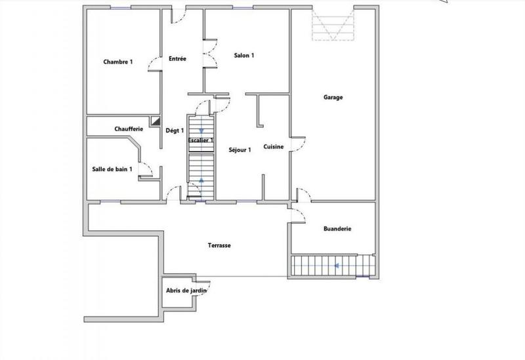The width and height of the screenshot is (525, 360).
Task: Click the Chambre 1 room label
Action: [x=118, y=62]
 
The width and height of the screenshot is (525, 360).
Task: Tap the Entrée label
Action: [x=177, y=59]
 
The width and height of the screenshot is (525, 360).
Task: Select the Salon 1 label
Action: [x=244, y=56]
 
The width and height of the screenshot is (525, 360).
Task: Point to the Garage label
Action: [x=333, y=98]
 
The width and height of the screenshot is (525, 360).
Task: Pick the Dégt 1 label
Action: [x=174, y=130]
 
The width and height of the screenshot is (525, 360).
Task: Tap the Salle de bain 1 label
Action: [x=112, y=169]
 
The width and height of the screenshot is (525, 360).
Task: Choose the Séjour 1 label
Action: [x=240, y=150]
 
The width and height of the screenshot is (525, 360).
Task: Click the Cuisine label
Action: [x=274, y=147]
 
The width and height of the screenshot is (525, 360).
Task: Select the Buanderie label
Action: [x=337, y=229]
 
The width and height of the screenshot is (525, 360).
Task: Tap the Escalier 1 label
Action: [x=201, y=140]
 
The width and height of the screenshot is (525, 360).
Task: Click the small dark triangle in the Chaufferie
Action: [x=156, y=121]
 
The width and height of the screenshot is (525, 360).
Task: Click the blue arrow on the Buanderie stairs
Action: [x=336, y=266]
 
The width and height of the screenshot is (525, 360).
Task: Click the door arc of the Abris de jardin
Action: [x=195, y=301]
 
